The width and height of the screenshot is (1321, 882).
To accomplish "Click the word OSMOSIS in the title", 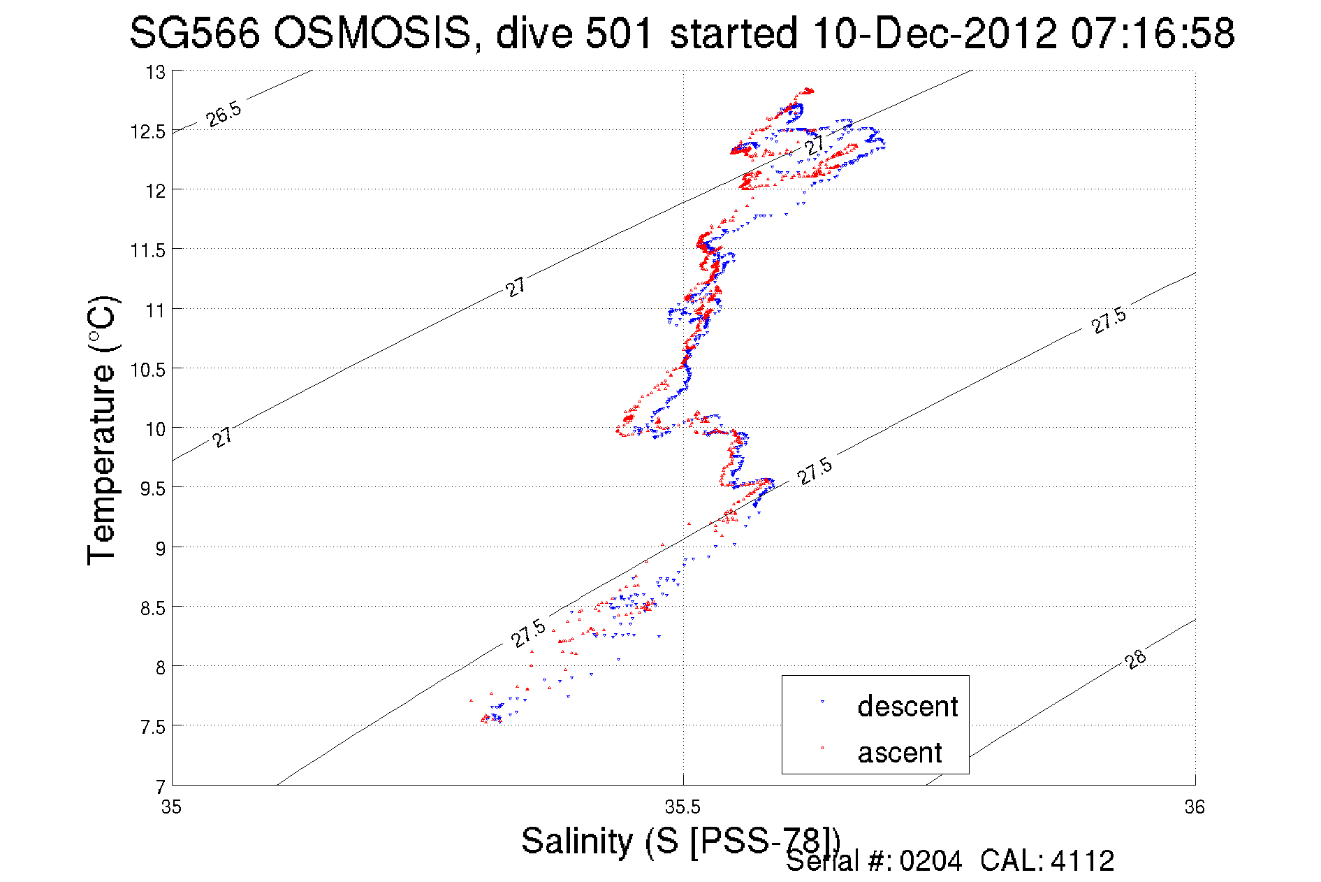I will point(372,33).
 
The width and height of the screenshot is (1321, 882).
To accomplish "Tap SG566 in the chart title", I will point(194,33).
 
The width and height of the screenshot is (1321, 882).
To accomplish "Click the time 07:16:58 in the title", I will point(1152,33).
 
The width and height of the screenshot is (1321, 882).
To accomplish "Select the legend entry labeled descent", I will point(907,707).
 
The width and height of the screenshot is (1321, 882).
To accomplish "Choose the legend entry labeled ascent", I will point(900,753).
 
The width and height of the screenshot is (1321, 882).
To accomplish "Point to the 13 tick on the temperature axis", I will point(155,72).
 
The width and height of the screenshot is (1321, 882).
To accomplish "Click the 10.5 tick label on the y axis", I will point(148,370).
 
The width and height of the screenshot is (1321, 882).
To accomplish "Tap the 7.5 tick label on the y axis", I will point(152,728).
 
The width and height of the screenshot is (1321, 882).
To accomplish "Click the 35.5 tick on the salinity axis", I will point(683,807).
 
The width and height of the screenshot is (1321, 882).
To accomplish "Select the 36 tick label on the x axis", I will point(1195,807).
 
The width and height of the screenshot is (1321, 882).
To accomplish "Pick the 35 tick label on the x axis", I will point(171,807).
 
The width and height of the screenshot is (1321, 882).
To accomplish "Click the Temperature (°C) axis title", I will point(101,430).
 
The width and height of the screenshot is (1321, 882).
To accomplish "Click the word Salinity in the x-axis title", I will point(576,840).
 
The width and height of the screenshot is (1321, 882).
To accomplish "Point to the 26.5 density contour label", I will point(224,114).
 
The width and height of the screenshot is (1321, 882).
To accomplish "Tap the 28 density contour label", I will point(1136,659).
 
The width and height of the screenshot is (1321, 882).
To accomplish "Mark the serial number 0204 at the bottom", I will point(930,861).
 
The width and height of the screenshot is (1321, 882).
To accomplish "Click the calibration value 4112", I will point(1082,861).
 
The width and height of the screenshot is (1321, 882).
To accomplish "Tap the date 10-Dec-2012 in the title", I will point(935,33).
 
